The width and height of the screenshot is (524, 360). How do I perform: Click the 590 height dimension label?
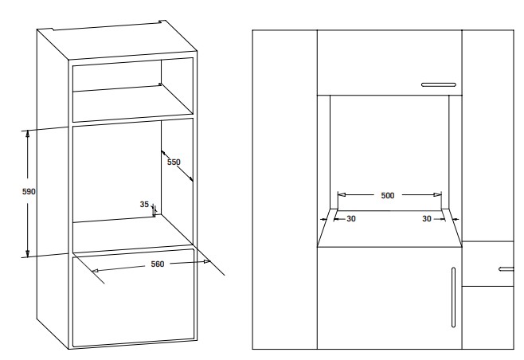click(x=29, y=192)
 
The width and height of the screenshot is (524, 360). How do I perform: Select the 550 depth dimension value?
click(x=174, y=162)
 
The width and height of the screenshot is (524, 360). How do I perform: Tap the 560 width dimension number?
click(x=158, y=264)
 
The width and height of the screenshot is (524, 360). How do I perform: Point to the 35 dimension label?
click(x=144, y=204)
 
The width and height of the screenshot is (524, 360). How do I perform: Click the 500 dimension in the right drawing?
click(x=388, y=196)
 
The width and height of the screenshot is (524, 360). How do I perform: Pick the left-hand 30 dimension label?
click(x=351, y=219)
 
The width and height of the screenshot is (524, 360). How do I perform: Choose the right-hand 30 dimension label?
click(x=427, y=219)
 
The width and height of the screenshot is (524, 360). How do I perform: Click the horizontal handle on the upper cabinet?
click(x=439, y=85)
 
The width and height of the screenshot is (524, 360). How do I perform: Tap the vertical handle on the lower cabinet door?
click(x=453, y=297)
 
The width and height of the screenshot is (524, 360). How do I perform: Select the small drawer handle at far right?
click(x=506, y=269)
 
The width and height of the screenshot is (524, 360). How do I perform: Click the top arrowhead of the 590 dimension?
click(x=28, y=134)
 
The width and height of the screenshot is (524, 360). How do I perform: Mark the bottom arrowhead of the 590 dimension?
click(x=28, y=253)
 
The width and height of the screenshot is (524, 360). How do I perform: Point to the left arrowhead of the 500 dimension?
click(x=342, y=194)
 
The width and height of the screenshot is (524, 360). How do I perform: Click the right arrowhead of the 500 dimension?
click(x=437, y=194)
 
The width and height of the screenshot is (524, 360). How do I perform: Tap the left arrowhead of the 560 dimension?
click(x=96, y=270)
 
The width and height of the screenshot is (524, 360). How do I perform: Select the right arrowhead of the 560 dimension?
click(x=207, y=262)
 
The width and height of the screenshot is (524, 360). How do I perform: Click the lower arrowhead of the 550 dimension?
click(x=190, y=178)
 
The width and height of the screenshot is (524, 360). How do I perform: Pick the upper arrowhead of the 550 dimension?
click(x=164, y=153)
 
